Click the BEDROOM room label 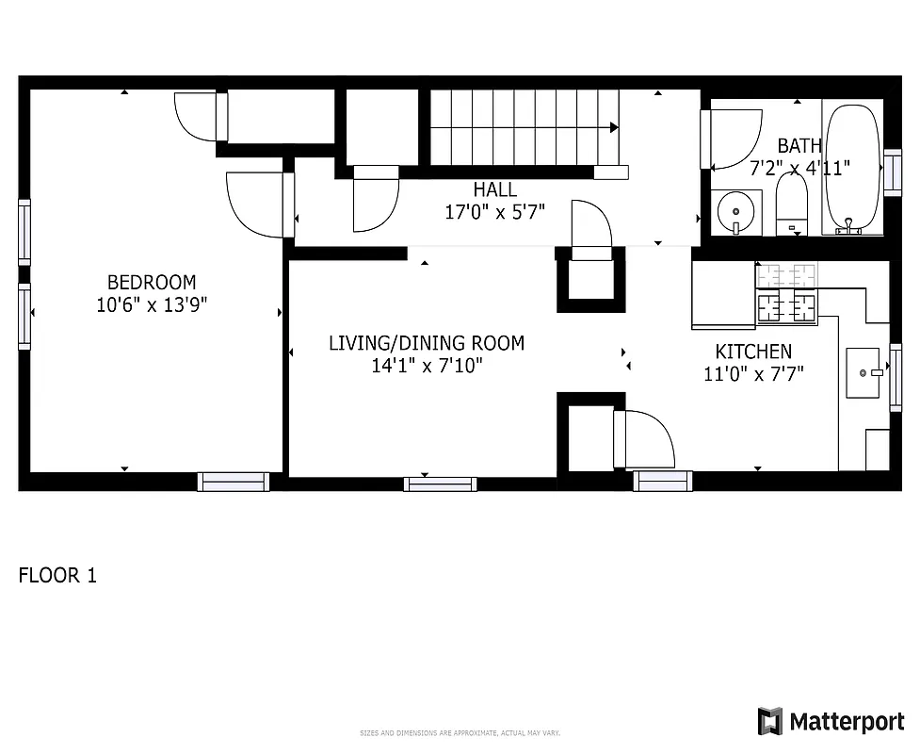[151, 282]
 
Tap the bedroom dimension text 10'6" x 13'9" [151, 305]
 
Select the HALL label [494, 189]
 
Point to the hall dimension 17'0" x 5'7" [494, 212]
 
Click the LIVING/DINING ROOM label [426, 343]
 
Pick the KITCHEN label [753, 352]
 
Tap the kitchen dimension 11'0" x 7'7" [753, 374]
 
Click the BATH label [799, 146]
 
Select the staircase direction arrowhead [614, 127]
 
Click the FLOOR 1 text [57, 575]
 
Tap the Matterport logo [831, 722]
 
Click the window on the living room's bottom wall [440, 484]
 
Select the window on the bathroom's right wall [892, 173]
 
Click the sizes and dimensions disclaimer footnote [460, 732]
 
